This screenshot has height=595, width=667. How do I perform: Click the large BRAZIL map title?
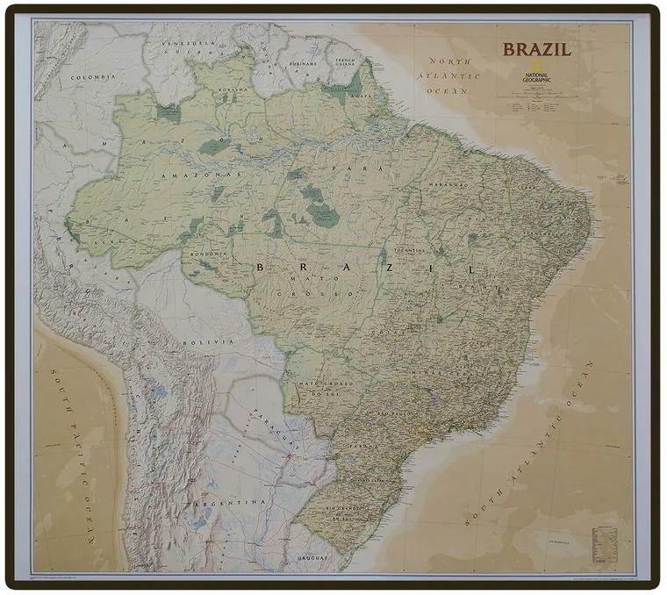pyautogui.click(x=536, y=49)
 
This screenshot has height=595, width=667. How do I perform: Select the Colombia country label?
pyautogui.click(x=94, y=77)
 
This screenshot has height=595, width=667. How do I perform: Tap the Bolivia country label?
pyautogui.click(x=208, y=341)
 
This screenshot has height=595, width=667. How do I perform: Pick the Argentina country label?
pyautogui.click(x=232, y=501)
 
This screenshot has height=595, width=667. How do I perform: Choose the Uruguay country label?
pyautogui.click(x=312, y=556)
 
